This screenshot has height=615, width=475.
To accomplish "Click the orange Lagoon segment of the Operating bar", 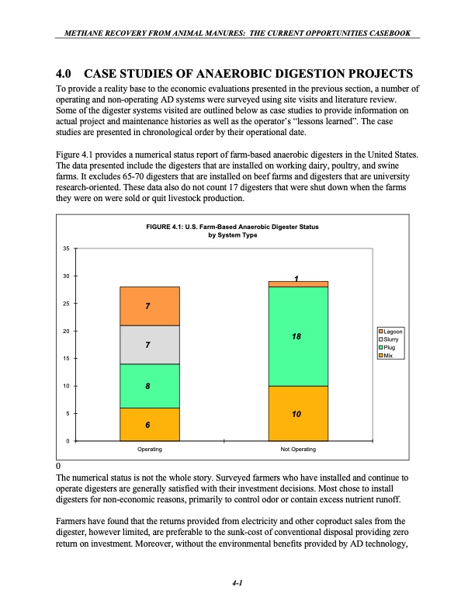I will point(150,306).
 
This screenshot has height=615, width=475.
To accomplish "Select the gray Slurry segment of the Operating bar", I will point(150,344).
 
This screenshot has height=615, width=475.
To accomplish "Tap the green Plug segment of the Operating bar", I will point(150,386).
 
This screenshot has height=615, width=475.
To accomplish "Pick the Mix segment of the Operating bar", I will point(150,424).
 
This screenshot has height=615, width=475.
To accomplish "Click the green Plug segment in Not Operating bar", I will point(297,336).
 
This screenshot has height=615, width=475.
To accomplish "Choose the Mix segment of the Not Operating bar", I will point(297,413).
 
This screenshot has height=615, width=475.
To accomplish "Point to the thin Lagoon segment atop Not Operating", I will point(297,284).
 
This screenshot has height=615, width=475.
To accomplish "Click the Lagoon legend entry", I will point(395,332).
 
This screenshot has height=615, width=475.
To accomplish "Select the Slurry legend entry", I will point(395,339).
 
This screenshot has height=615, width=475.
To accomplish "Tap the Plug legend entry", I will point(394,348).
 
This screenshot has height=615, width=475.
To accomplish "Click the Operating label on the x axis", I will point(150,450).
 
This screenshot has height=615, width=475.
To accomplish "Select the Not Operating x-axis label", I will point(297,450).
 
